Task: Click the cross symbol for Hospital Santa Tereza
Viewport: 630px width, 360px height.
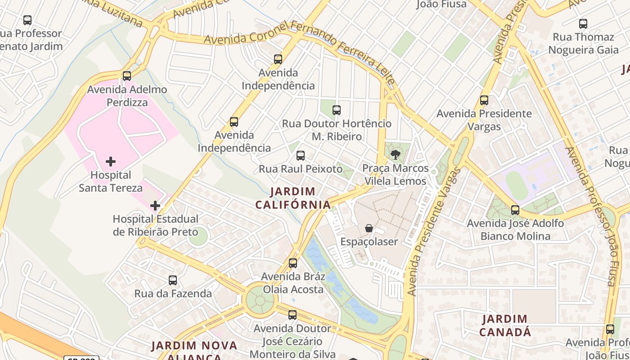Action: coord(111,161)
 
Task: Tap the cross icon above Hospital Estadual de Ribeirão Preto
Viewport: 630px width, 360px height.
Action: coord(155,206)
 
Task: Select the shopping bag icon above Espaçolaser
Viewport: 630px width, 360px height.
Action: coord(369,228)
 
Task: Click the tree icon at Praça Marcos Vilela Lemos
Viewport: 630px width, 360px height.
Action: coord(396,155)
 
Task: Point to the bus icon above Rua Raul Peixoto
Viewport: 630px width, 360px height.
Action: coord(301,156)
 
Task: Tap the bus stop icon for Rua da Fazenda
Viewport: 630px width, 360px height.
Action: coord(173,280)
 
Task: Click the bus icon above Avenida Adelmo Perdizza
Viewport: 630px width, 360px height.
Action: coord(127,76)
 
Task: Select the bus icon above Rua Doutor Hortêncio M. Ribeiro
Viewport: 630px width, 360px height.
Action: coord(337,110)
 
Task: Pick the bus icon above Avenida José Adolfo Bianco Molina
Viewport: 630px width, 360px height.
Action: coord(515,210)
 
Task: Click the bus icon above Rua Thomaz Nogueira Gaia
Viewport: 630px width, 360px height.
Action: coord(583,23)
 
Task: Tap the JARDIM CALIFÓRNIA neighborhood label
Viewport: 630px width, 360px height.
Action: coord(293,198)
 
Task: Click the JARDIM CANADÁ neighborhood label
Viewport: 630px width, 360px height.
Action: coord(505,326)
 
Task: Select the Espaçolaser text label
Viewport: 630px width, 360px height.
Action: coord(369,242)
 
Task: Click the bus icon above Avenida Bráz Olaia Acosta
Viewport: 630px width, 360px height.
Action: coord(293,263)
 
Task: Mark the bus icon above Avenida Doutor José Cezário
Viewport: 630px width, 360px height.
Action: coord(292,315)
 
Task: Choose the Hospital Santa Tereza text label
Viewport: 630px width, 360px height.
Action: coord(111,181)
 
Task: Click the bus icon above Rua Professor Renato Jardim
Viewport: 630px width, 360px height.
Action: coord(27,20)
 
